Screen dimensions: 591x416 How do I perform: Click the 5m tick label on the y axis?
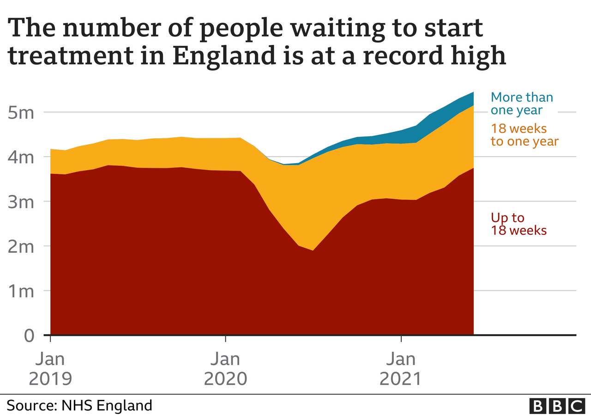(21, 113)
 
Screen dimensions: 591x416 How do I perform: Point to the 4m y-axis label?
(21, 158)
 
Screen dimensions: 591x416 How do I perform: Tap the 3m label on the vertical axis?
(21, 202)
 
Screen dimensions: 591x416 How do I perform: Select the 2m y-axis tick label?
(21, 247)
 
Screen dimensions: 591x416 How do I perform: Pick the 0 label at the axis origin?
(29, 336)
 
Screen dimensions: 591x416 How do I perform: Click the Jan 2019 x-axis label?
(50, 368)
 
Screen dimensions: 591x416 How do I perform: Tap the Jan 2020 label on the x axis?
(226, 368)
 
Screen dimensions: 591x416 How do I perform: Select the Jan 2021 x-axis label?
(401, 368)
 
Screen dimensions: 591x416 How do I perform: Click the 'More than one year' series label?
(522, 104)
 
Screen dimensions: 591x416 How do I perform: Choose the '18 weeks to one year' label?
(525, 135)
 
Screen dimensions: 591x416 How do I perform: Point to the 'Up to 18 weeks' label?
(519, 224)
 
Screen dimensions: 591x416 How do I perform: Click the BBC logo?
(557, 405)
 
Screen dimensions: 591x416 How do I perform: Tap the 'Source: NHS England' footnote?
(79, 405)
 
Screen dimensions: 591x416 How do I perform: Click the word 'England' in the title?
(224, 56)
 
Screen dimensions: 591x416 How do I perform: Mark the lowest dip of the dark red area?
(313, 251)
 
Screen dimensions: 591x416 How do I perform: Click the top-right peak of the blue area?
(474, 92)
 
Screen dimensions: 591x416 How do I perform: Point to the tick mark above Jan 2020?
(226, 339)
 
